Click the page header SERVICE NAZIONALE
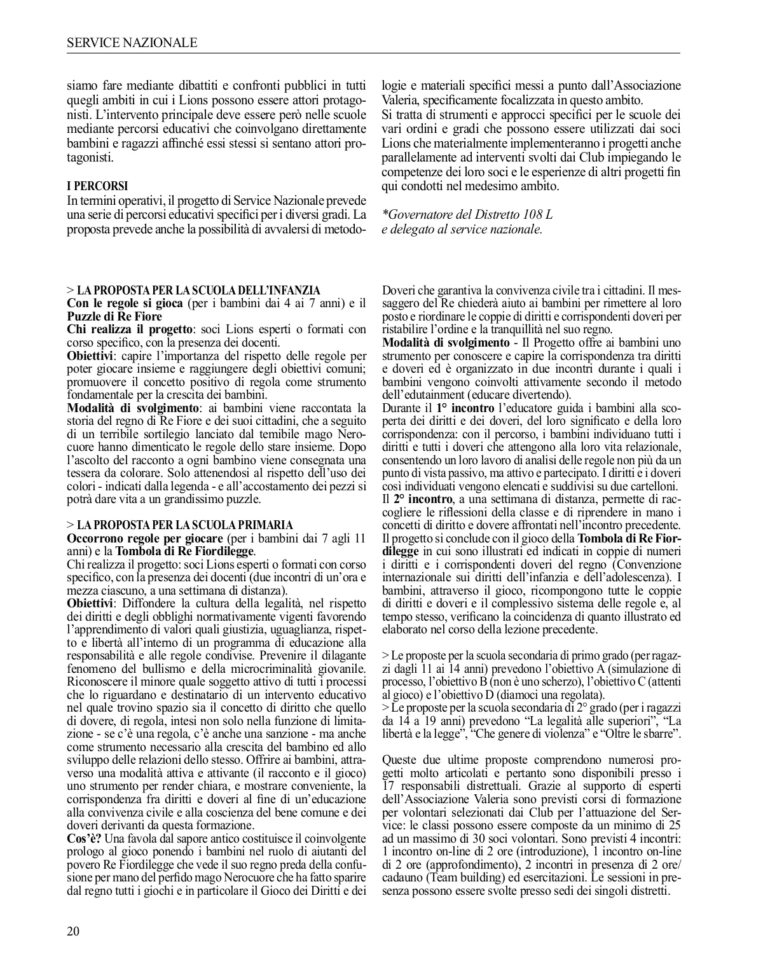pyautogui.click(x=132, y=43)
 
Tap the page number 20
pyautogui.click(x=73, y=932)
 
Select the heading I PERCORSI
pyautogui.click(x=97, y=186)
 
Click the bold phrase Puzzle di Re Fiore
pyautogui.click(x=114, y=317)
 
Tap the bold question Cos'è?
pyautogui.click(x=84, y=839)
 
